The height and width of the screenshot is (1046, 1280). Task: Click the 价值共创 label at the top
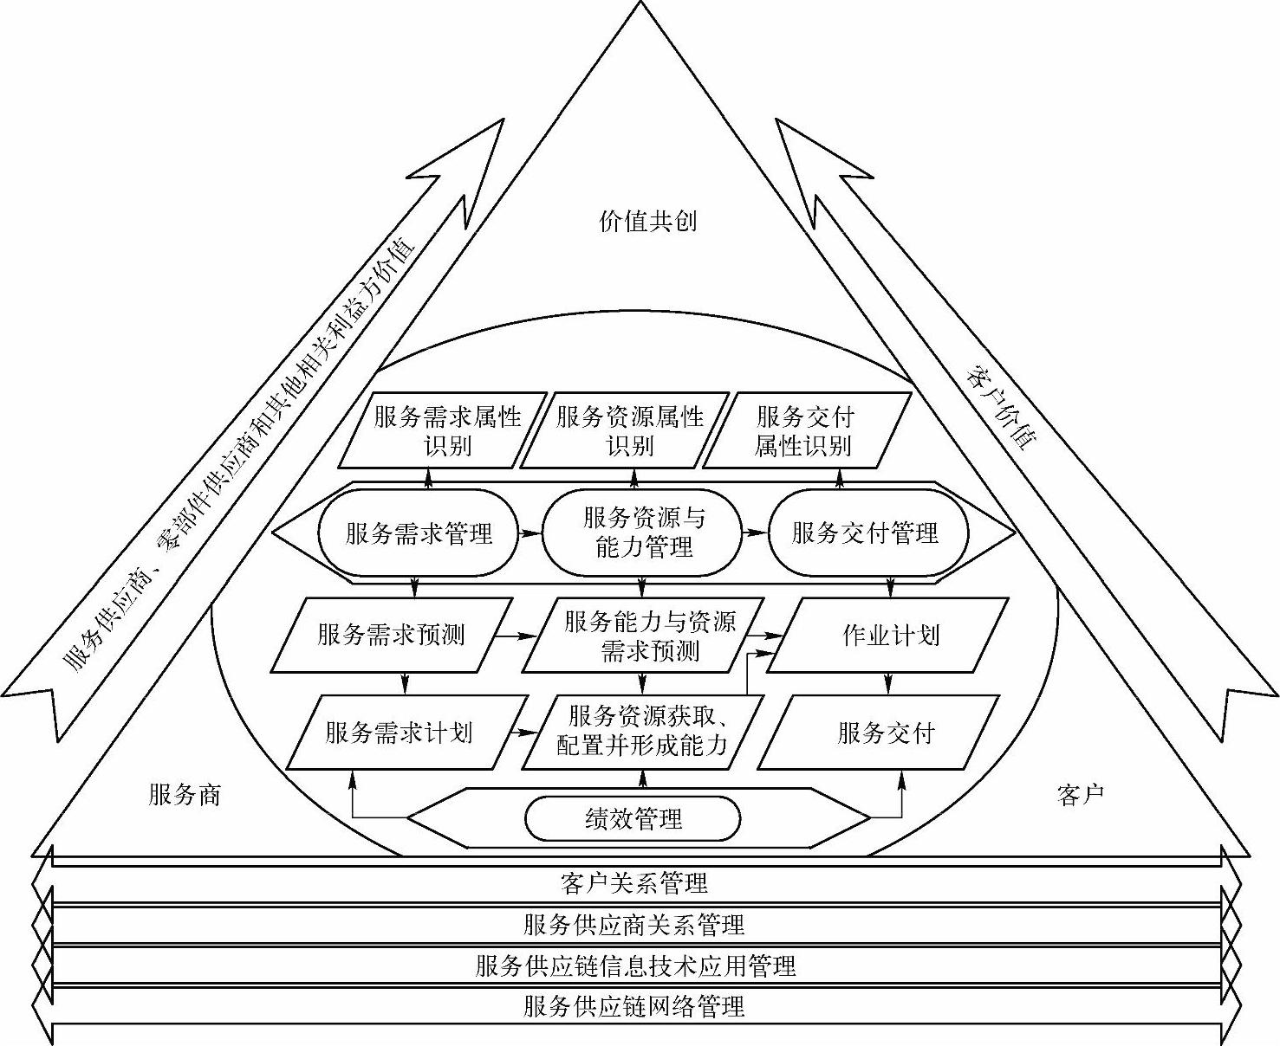(647, 221)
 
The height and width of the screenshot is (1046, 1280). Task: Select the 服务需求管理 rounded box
(418, 533)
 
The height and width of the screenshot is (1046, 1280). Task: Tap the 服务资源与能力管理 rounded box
(643, 533)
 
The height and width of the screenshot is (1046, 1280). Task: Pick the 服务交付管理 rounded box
(866, 533)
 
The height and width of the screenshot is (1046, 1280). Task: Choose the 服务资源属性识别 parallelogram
(630, 431)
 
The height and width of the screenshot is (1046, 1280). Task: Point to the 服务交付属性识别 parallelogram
(804, 431)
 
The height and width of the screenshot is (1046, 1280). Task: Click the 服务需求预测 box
(391, 635)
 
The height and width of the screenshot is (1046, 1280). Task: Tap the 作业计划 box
(890, 635)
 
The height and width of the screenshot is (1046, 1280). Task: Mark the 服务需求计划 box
(400, 733)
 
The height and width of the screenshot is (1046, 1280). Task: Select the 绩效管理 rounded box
(634, 818)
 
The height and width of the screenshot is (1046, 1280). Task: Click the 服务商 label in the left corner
(185, 794)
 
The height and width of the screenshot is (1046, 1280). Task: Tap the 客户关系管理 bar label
(634, 883)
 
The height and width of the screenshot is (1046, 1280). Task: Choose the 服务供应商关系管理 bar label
(634, 925)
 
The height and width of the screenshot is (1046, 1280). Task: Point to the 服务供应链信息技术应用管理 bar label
(635, 965)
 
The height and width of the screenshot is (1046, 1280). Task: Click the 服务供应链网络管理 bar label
(634, 1006)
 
